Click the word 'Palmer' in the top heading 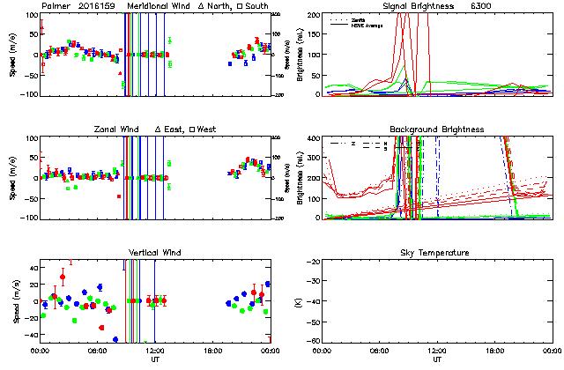pyautogui.click(x=56, y=6)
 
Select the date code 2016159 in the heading pyautogui.click(x=96, y=6)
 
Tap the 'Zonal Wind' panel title pyautogui.click(x=116, y=129)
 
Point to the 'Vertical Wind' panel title pyautogui.click(x=154, y=253)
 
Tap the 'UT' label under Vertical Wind pyautogui.click(x=154, y=359)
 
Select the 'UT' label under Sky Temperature pyautogui.click(x=438, y=359)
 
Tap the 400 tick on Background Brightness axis pyautogui.click(x=314, y=138)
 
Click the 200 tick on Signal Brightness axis pyautogui.click(x=314, y=15)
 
